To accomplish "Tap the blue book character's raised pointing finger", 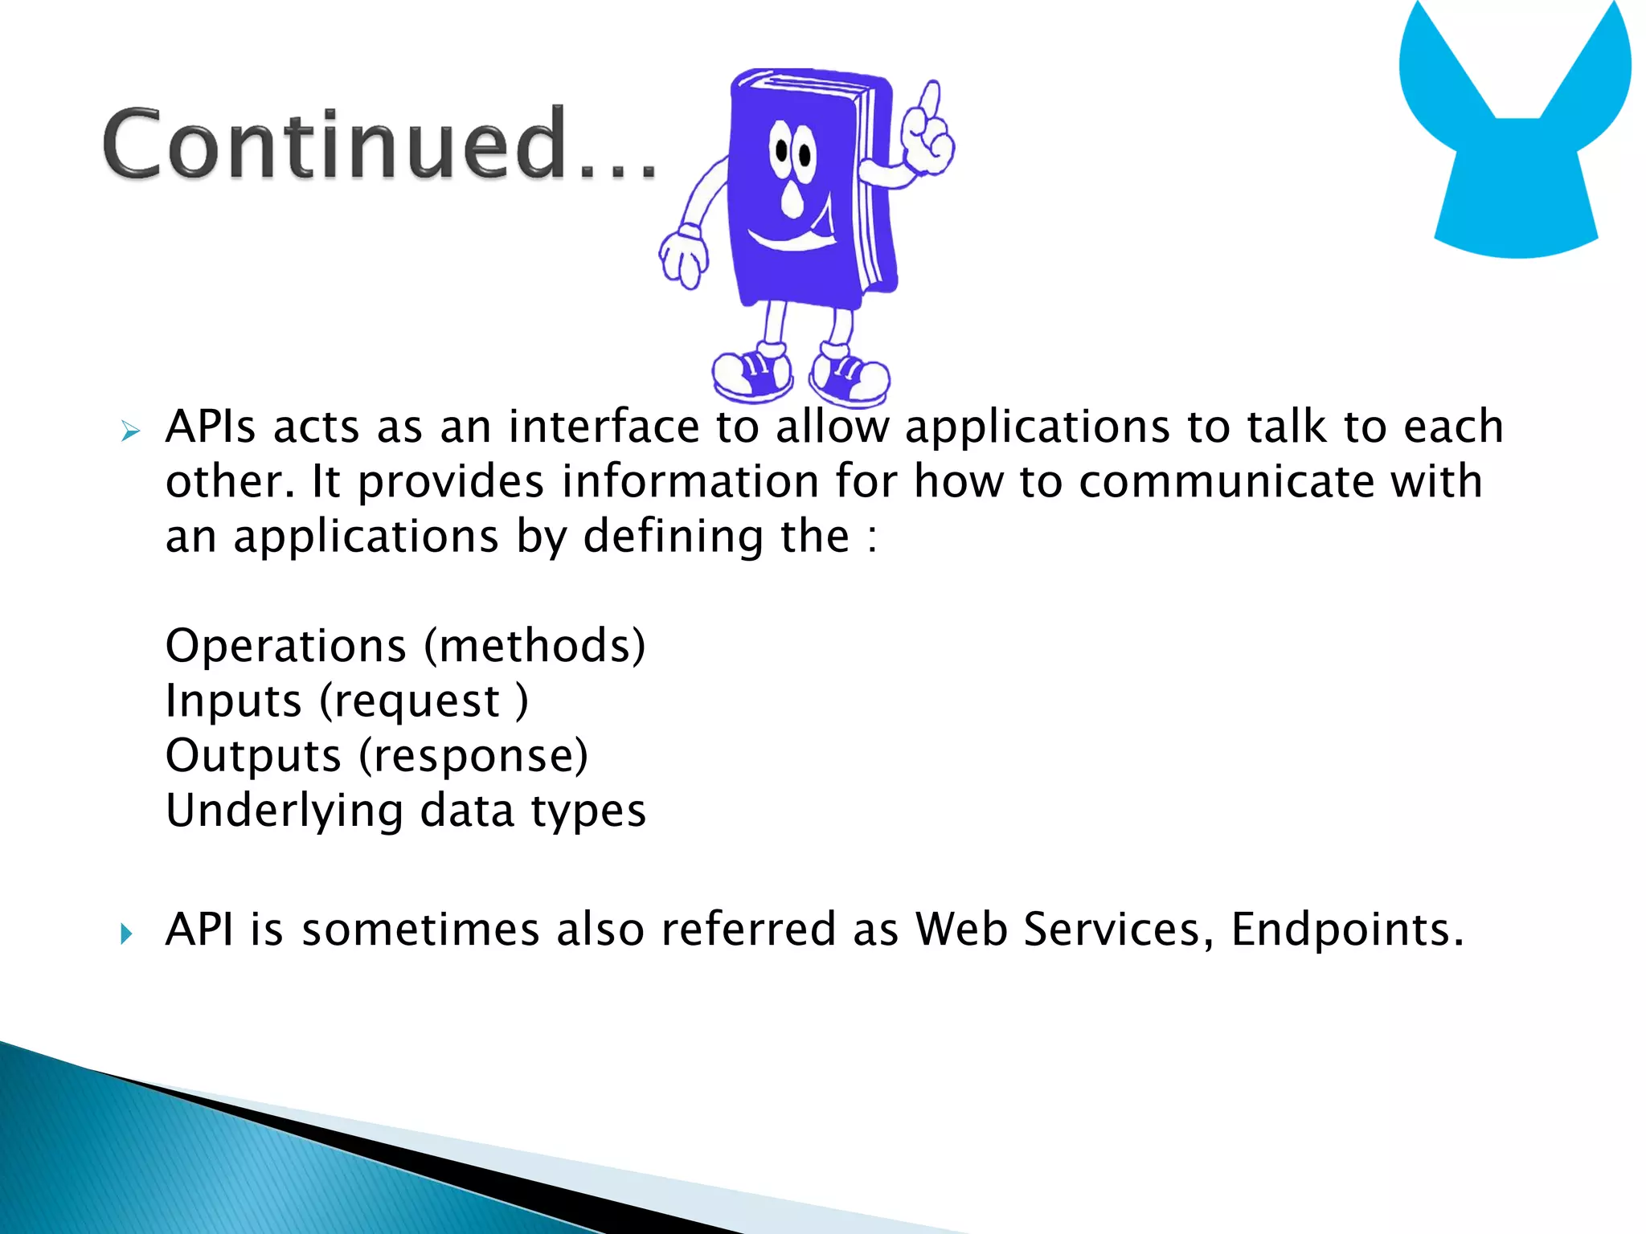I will (930, 104).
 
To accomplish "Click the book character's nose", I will (792, 200).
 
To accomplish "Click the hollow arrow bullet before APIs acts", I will (130, 431).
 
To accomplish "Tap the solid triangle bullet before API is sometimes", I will (126, 934).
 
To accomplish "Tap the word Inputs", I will (233, 701).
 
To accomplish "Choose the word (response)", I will (473, 756).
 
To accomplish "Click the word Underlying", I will (285, 811).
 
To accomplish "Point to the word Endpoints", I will (1347, 930).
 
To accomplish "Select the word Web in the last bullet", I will (961, 930).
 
